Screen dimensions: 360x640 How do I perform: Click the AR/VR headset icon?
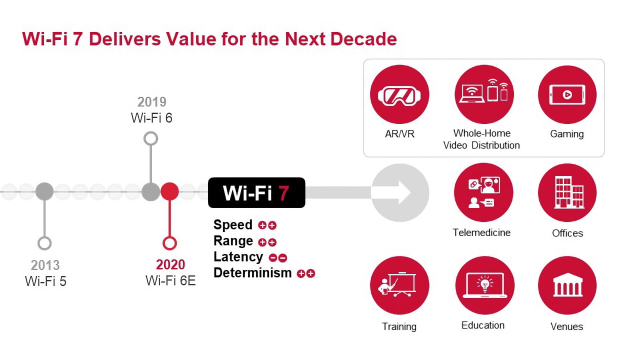point(399,94)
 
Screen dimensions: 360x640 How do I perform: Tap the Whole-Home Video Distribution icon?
point(483,94)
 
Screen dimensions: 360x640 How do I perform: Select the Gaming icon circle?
point(567,94)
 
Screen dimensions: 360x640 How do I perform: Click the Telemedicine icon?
point(483,192)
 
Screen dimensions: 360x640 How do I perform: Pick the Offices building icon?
point(567,192)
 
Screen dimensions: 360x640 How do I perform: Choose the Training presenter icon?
point(399,285)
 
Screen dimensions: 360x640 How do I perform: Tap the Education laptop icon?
point(483,285)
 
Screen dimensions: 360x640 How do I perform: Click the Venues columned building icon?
point(567,285)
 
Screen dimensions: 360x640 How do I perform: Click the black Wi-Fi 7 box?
point(256,192)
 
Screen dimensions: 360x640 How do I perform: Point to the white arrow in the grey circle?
point(399,192)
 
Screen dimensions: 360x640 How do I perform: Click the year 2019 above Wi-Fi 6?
point(151,102)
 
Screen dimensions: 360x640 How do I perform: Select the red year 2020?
point(170,264)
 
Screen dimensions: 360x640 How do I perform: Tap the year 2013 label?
point(45,265)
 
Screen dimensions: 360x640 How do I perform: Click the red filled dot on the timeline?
point(170,191)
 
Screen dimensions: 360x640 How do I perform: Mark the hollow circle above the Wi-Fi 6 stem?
point(150,138)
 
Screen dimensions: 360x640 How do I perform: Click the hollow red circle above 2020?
point(170,243)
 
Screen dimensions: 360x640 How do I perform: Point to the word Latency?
point(238,257)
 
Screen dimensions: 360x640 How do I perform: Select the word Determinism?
point(252,273)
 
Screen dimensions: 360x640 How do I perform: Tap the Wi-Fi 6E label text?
point(170,280)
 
